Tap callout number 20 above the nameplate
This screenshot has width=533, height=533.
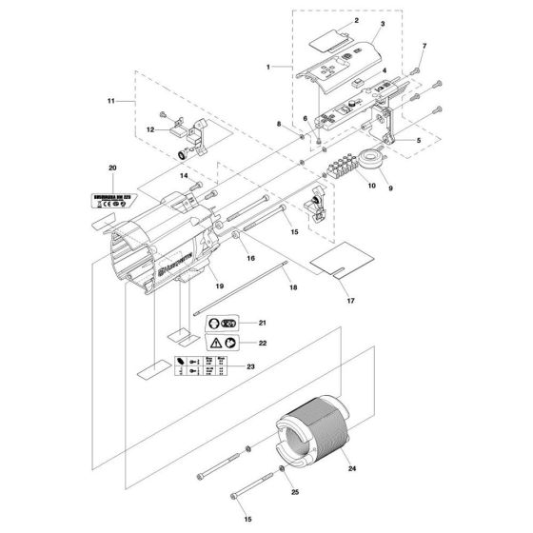[x=113, y=168]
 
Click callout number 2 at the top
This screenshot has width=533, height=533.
[x=328, y=20]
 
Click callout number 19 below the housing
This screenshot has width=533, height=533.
[x=218, y=285]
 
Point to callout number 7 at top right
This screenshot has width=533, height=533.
[x=424, y=48]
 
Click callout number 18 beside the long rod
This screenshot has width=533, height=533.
[x=292, y=286]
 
